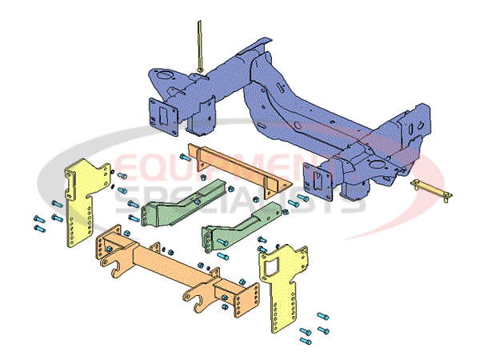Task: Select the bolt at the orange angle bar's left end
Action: (184, 158)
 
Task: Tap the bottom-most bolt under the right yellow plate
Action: (306, 342)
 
